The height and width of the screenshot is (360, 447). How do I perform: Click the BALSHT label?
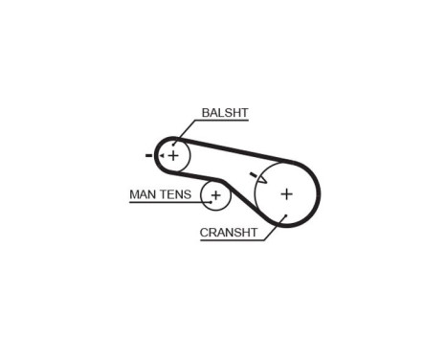click(225, 113)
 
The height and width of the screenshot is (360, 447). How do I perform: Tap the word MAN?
click(143, 194)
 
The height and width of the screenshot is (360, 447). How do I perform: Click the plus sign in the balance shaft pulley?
click(173, 154)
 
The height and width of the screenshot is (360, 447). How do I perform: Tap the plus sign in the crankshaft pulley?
click(286, 193)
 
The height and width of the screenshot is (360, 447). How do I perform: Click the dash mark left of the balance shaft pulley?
click(149, 154)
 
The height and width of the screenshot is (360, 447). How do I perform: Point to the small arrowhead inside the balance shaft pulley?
click(165, 150)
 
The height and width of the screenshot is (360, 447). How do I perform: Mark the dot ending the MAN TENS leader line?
click(205, 201)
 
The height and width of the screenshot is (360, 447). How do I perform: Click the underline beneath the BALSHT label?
click(225, 122)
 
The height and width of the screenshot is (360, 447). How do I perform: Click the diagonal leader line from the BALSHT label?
click(187, 133)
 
